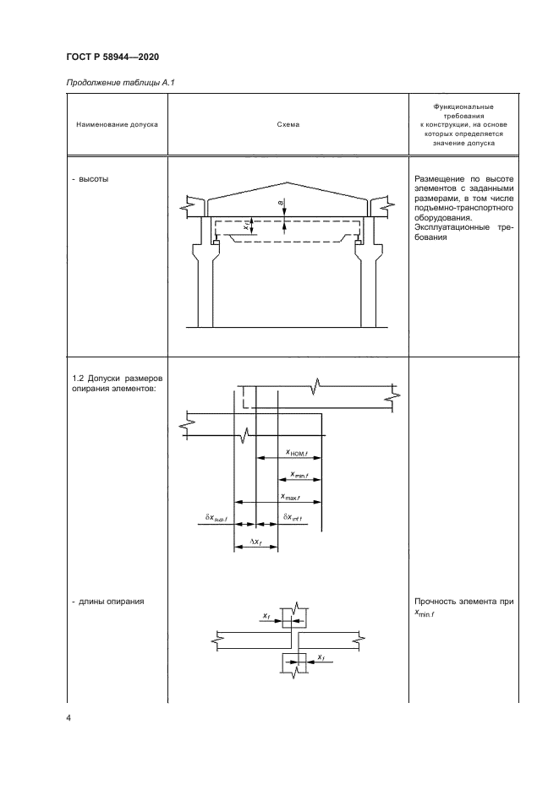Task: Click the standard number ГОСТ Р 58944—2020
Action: [112, 57]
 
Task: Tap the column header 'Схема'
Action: [288, 124]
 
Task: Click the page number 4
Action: [69, 718]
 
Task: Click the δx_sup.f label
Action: [216, 516]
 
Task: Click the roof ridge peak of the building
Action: [289, 183]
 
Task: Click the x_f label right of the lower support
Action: [321, 657]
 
